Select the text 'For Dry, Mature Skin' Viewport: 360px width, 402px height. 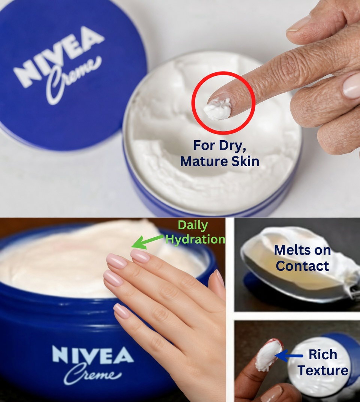click(x=219, y=153)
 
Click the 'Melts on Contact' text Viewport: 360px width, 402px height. click(x=302, y=258)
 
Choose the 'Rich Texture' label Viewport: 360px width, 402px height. click(x=323, y=362)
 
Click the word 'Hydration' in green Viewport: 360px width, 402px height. click(x=195, y=239)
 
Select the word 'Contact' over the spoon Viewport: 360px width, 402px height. click(x=302, y=265)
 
